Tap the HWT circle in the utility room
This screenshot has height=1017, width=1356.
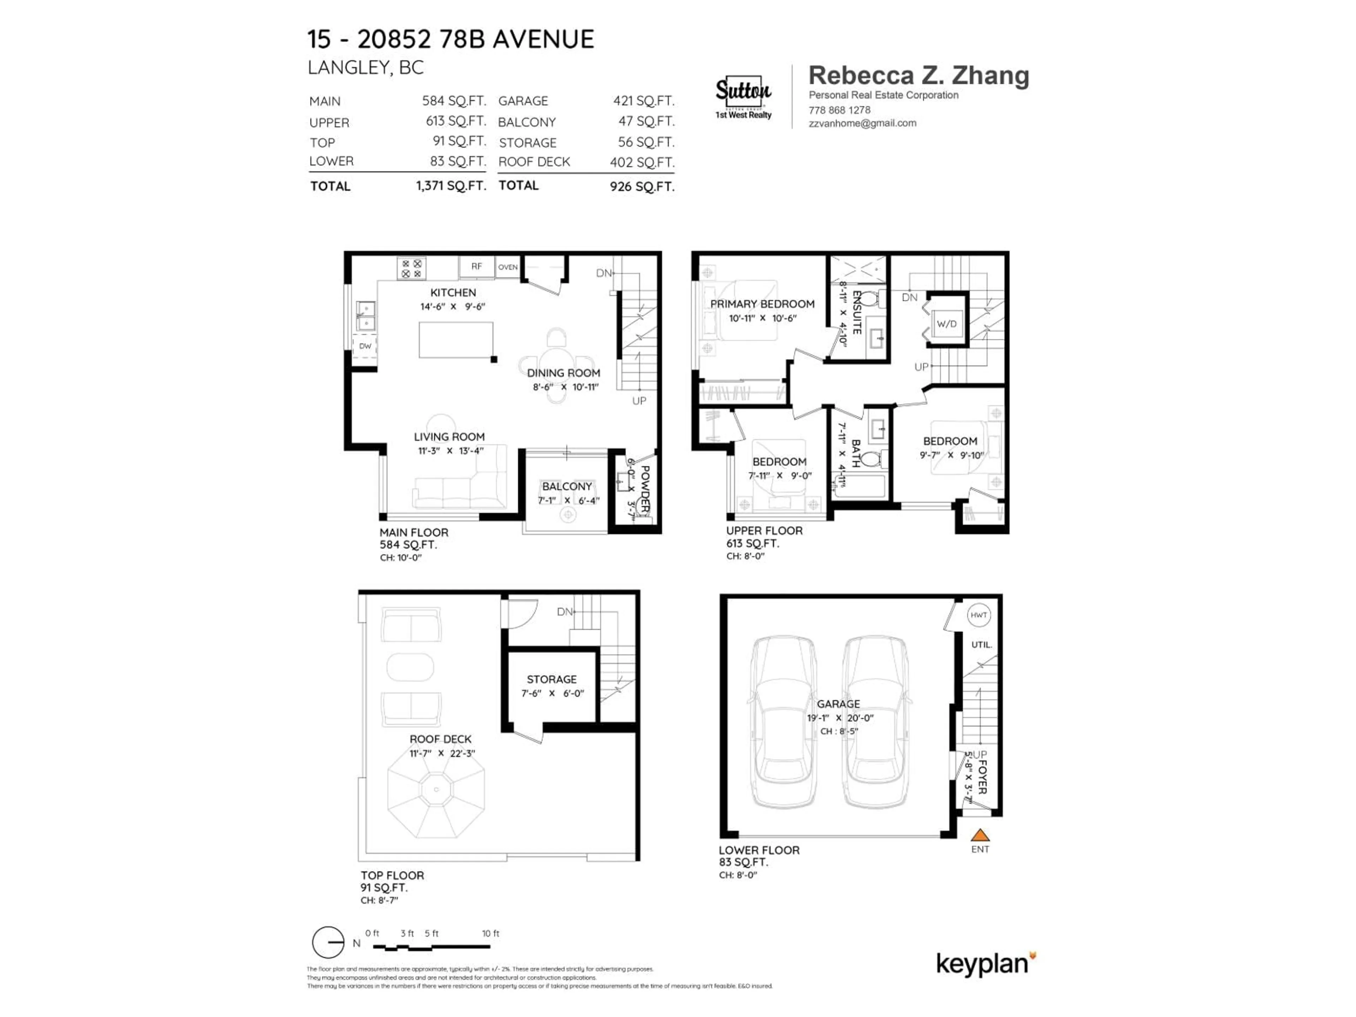(x=979, y=615)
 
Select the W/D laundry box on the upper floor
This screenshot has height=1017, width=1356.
(x=946, y=324)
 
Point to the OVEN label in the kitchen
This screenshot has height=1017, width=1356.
(x=507, y=267)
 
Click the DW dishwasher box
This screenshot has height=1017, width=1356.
(x=365, y=346)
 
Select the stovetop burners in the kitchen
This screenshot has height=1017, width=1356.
(x=411, y=268)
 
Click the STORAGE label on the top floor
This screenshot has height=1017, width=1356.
(x=551, y=679)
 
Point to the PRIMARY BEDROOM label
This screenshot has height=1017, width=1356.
(x=762, y=304)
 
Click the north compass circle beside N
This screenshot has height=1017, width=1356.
(x=328, y=942)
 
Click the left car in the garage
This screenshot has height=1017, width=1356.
(x=784, y=723)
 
